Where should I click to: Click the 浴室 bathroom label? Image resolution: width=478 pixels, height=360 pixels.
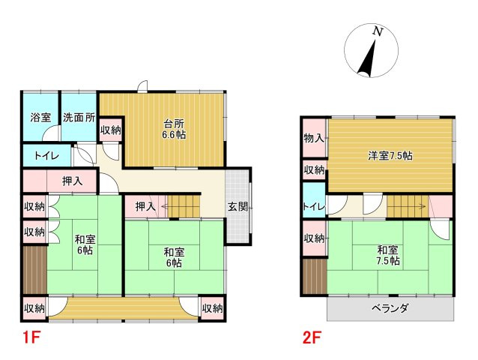[x=40, y=118]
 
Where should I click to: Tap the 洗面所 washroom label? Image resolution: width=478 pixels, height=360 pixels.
[x=79, y=118]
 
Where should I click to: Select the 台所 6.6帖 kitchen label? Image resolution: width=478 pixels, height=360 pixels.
[x=174, y=129]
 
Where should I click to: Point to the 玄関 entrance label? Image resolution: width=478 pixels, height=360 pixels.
[x=238, y=207]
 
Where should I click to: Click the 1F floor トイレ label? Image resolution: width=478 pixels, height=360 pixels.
[x=46, y=156]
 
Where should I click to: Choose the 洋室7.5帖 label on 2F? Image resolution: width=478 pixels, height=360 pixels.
[x=390, y=156]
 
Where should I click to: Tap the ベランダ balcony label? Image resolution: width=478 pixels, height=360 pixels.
[x=390, y=308]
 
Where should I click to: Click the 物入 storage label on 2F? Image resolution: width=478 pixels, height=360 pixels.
[x=314, y=139]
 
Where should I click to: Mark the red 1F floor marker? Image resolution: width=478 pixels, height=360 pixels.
[x=31, y=337]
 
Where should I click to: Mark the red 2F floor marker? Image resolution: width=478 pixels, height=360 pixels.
[x=311, y=337]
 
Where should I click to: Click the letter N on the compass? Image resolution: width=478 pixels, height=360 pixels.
[x=378, y=31]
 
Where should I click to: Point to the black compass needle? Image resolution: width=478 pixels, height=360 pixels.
[x=367, y=58]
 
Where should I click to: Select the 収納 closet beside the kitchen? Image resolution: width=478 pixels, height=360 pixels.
[x=111, y=130]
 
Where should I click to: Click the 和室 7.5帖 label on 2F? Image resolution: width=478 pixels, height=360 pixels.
[x=388, y=256]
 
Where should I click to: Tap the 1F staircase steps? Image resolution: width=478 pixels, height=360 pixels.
[x=184, y=206]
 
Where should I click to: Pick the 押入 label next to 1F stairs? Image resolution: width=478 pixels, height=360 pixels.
[x=145, y=207]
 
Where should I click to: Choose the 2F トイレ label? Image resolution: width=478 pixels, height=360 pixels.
[x=314, y=207]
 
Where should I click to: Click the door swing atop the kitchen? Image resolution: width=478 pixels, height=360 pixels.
[x=143, y=86]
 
